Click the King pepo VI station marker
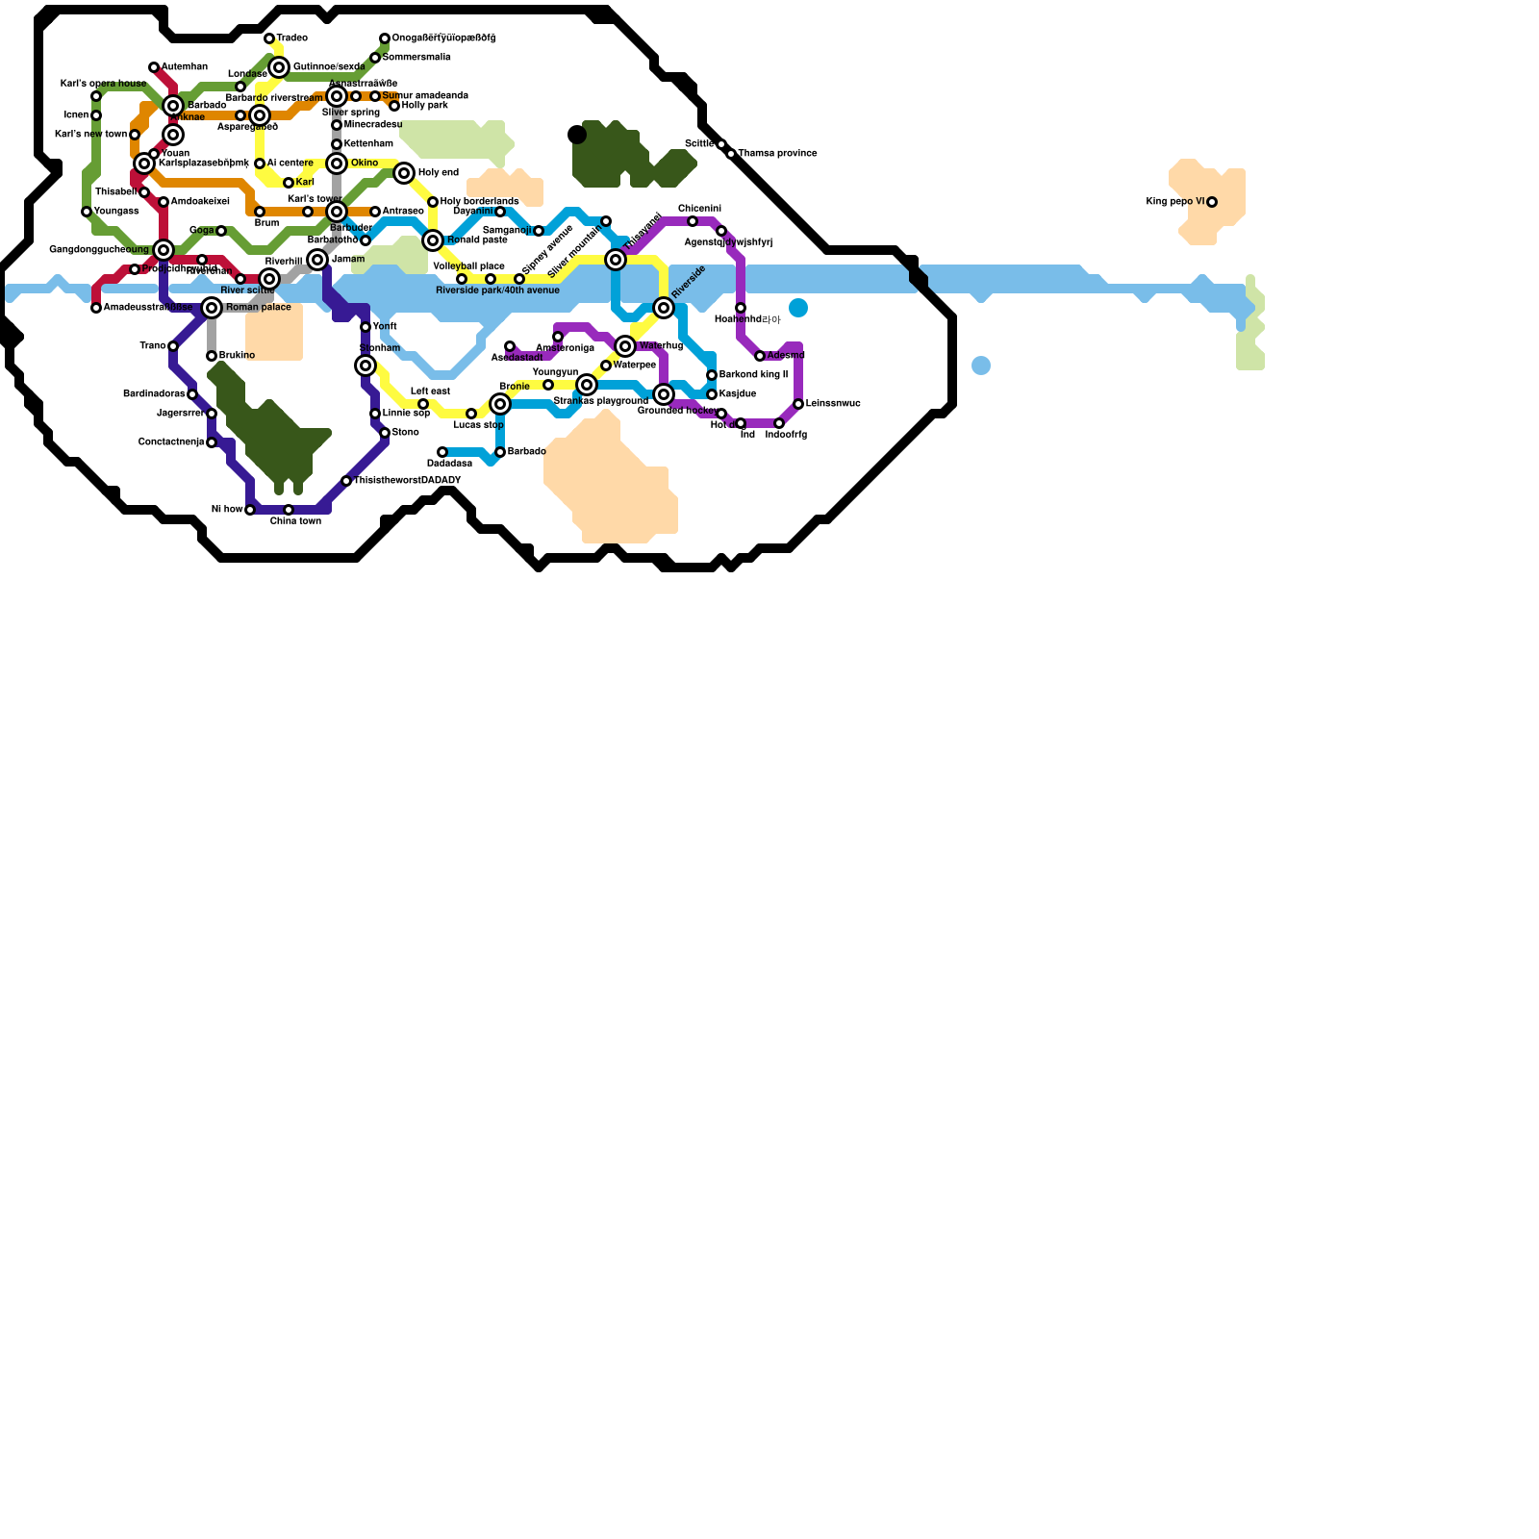click(1212, 202)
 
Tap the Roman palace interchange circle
click(212, 308)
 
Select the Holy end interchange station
click(404, 173)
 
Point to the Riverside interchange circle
click(664, 308)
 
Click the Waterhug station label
click(661, 345)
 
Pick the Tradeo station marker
click(269, 38)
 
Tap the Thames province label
click(778, 153)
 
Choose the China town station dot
click(289, 510)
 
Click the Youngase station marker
click(87, 212)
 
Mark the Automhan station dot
click(154, 67)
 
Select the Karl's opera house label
click(103, 84)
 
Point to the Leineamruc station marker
click(798, 404)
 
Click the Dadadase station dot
click(442, 452)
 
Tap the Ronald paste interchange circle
click(433, 240)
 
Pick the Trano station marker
click(173, 346)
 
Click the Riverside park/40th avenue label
click(497, 290)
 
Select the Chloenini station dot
click(693, 221)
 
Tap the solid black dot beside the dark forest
click(577, 135)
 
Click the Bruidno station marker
click(212, 356)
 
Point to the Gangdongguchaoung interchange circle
click(164, 250)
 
